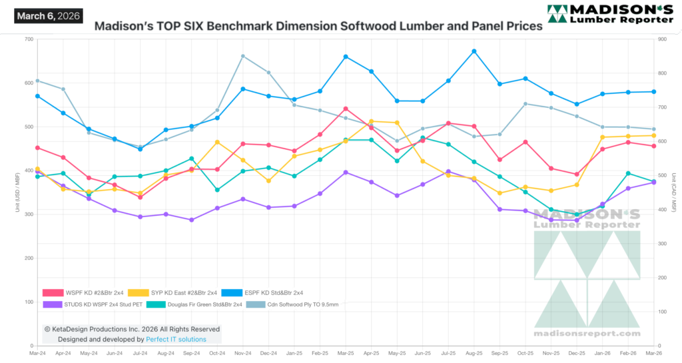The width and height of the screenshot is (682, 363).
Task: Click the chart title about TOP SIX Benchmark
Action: [x=318, y=27]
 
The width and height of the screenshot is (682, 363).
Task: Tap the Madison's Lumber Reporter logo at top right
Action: [x=609, y=14]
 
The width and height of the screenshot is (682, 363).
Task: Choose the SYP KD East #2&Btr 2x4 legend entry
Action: [x=170, y=292]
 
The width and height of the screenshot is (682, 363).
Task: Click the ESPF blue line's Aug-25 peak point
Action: [x=474, y=51]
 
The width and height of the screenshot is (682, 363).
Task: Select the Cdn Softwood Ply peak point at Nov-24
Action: [x=242, y=56]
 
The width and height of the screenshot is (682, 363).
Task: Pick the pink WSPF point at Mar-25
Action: [x=346, y=109]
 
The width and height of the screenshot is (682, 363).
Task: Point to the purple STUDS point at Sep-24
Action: [x=191, y=220]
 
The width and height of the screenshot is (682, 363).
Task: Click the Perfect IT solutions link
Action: [x=176, y=339]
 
